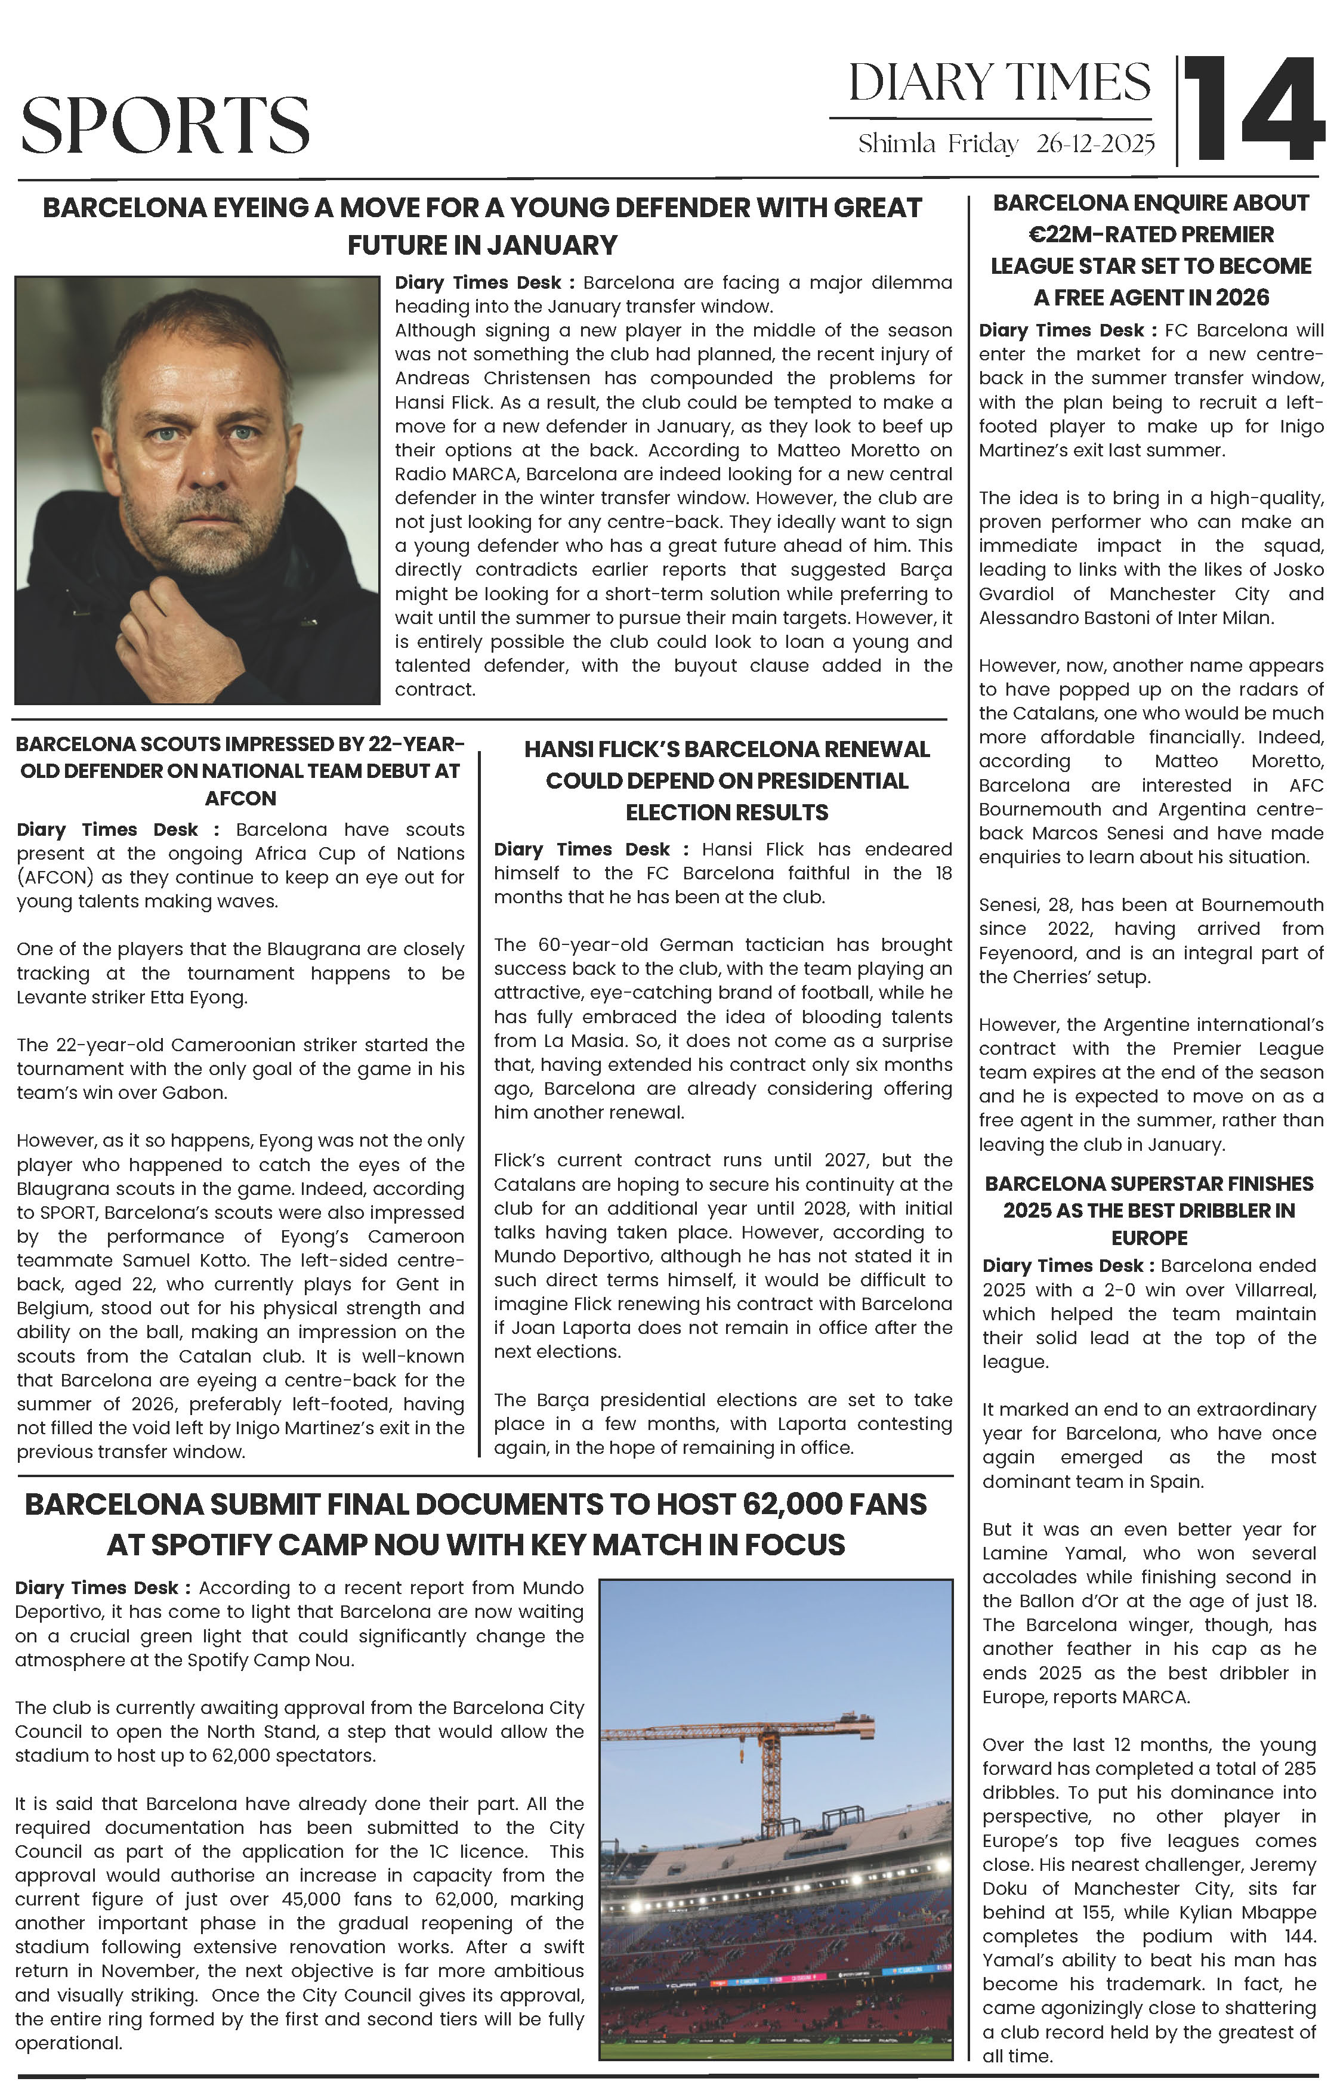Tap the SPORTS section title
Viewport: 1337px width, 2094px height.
tap(165, 125)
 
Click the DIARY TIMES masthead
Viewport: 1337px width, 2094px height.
tap(999, 84)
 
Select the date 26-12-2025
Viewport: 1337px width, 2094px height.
tap(1095, 144)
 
